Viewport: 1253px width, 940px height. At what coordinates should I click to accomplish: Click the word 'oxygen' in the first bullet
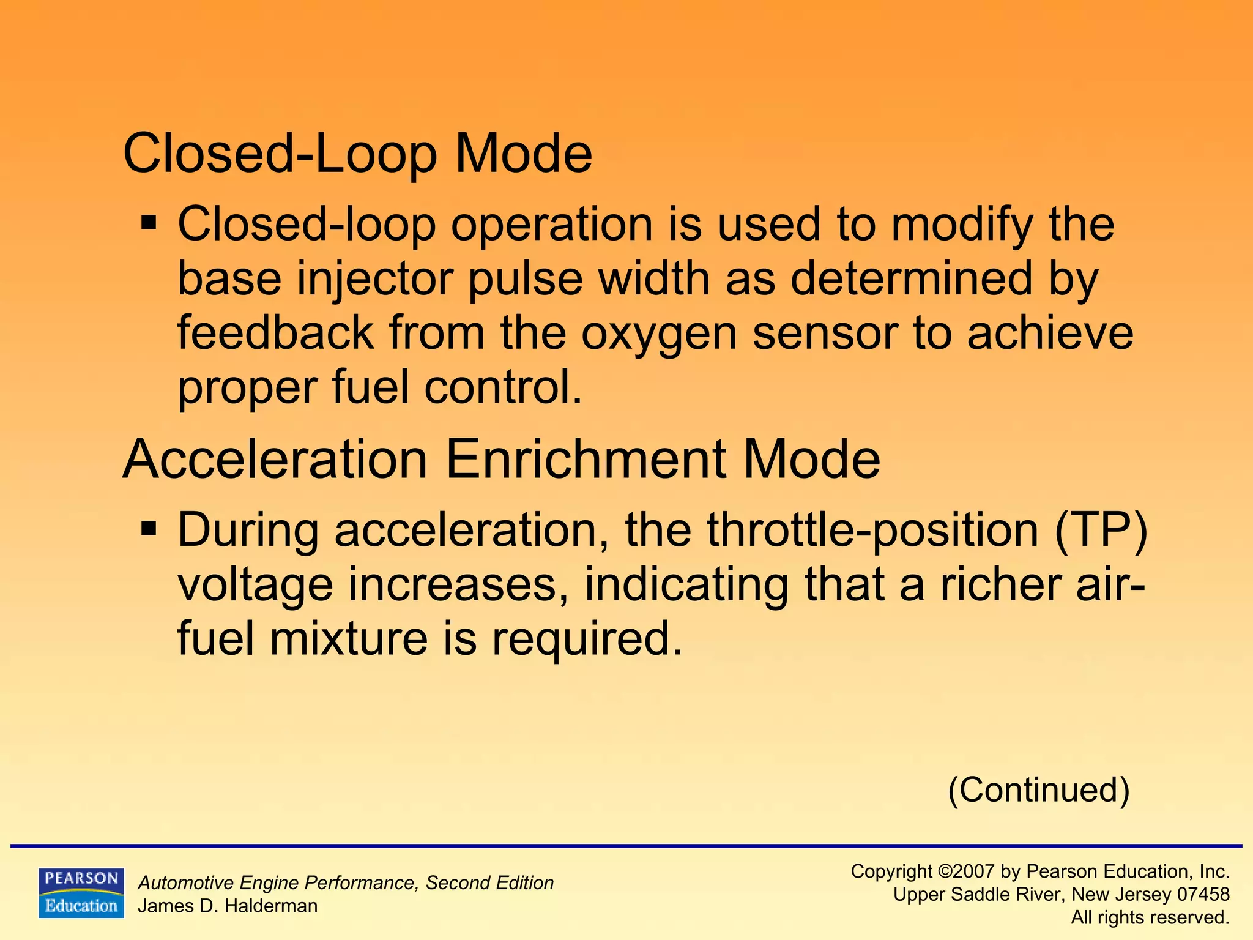[x=658, y=334]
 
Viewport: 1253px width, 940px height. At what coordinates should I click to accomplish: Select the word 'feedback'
[x=275, y=333]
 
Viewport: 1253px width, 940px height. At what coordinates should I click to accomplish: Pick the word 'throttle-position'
[x=872, y=530]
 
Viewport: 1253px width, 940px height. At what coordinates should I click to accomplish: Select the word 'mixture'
[x=349, y=638]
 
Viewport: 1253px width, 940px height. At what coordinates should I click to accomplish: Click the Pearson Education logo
[x=81, y=892]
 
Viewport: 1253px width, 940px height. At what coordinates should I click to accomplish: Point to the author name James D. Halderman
[x=228, y=906]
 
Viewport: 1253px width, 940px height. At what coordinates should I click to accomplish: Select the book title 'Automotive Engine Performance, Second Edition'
[x=346, y=882]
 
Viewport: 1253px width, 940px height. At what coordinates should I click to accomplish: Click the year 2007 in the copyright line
[x=975, y=871]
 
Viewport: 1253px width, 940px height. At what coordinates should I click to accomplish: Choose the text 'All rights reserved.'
[x=1150, y=917]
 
